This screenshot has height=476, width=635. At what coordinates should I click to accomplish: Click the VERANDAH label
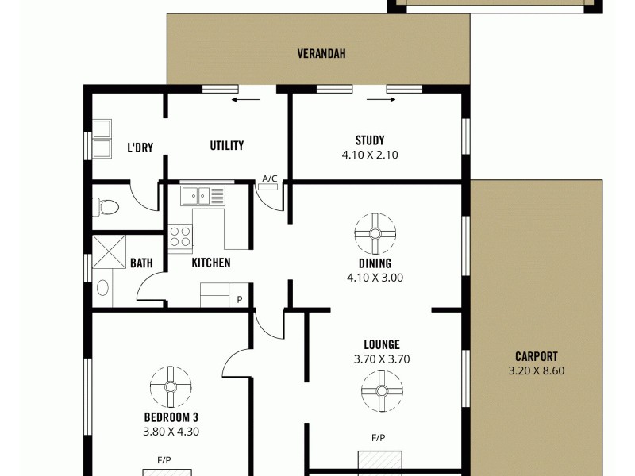click(321, 54)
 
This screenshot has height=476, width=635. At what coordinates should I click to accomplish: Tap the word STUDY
click(370, 141)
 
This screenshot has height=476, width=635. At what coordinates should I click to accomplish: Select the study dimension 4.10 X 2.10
click(370, 155)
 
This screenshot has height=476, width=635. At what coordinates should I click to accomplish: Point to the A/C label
click(270, 178)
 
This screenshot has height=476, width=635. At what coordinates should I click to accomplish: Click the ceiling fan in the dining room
click(375, 233)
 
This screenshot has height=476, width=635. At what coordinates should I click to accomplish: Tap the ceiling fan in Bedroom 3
click(171, 386)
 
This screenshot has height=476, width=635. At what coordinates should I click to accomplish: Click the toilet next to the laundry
click(106, 208)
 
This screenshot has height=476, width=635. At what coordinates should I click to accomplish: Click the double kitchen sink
click(203, 194)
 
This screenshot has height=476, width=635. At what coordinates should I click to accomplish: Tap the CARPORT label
click(536, 356)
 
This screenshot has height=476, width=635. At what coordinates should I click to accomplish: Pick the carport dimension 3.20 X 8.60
click(536, 370)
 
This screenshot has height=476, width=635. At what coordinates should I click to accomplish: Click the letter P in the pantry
click(240, 299)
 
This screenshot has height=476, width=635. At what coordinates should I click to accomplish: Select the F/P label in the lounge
click(378, 437)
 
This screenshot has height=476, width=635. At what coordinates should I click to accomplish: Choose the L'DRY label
click(140, 147)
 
